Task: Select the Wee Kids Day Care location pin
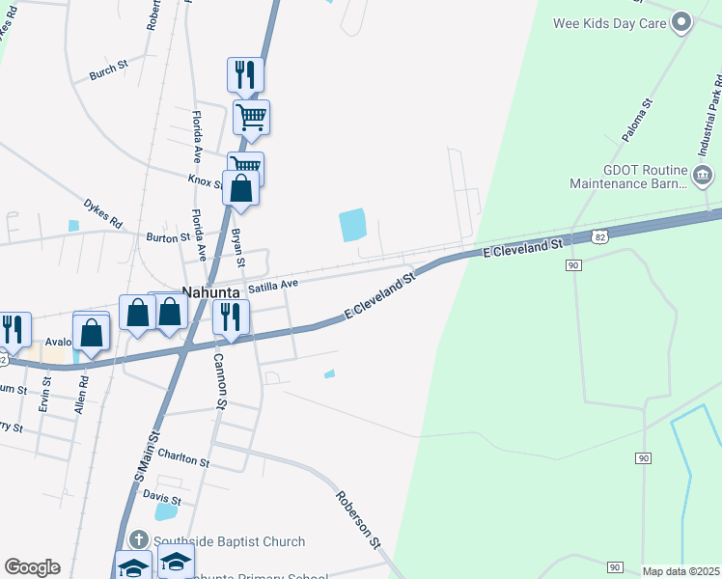[x=682, y=22]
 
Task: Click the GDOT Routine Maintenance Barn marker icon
[x=704, y=175]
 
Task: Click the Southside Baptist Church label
[x=229, y=541]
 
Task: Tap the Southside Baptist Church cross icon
[x=139, y=540]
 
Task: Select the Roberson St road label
[x=358, y=519]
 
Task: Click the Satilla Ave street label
[x=273, y=286]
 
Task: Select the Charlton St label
[x=183, y=460]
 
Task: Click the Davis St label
[x=161, y=495]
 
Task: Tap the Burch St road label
[x=108, y=70]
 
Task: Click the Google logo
[x=32, y=567]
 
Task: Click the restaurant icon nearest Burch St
[x=245, y=74]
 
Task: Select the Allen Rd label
[x=82, y=395]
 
